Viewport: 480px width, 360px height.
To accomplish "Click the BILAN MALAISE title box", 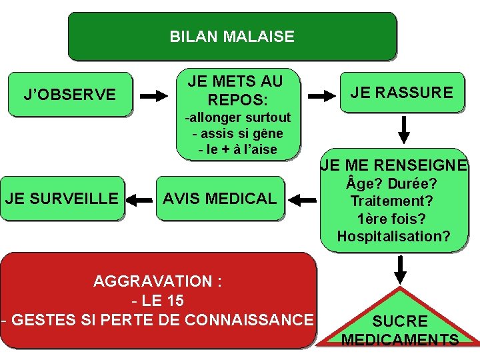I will point(232,37).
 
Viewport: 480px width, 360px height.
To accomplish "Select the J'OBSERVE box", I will point(69,95).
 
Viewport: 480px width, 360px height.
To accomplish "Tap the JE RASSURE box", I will point(401,93).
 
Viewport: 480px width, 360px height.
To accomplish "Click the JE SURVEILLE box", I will point(62,198).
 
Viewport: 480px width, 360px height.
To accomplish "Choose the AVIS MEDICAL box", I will point(220,198).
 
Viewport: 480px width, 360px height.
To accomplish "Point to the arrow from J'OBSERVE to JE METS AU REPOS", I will point(154,96).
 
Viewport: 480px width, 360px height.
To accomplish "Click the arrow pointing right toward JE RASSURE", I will point(322,96).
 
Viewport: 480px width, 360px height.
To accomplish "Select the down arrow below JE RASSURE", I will point(401,129).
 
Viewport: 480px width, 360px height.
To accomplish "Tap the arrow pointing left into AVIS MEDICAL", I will point(303,199).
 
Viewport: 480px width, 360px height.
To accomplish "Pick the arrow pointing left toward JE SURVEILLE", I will point(140,199).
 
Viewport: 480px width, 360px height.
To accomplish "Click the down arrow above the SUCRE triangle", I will point(400,269).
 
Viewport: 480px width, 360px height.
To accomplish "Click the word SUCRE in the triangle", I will point(400,322).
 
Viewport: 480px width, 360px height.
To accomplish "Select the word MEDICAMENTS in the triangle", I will point(400,340).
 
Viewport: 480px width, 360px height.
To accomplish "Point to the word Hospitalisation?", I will point(393,236).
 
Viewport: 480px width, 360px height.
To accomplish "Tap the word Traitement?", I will point(393,201).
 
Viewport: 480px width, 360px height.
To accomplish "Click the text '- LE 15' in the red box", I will point(158,300).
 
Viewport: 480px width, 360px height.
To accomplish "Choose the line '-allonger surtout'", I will point(238,118).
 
